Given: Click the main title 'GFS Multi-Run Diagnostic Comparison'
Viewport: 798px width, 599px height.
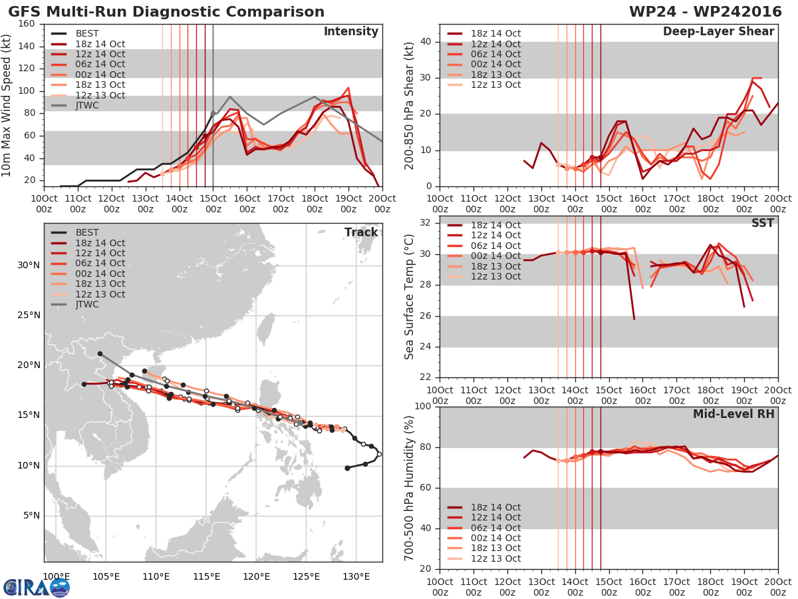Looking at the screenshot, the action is [166, 12].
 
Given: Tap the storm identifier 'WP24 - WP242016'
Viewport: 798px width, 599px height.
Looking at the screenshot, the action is [706, 11].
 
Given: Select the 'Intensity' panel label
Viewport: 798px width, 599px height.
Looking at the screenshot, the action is [351, 32].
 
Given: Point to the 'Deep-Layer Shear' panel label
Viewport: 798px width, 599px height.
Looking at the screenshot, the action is [718, 32].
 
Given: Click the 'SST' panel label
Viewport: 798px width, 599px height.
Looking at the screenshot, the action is [763, 223].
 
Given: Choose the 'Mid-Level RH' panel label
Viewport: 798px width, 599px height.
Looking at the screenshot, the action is [733, 414].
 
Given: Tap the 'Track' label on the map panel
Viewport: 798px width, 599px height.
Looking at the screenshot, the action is [361, 232].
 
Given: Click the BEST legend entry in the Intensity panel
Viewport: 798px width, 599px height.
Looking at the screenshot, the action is [75, 33].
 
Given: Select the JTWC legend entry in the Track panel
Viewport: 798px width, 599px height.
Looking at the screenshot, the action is [75, 304].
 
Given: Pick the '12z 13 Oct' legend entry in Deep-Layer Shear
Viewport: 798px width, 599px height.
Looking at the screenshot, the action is [484, 85].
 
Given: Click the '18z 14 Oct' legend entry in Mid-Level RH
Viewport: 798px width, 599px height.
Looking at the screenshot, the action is [484, 507].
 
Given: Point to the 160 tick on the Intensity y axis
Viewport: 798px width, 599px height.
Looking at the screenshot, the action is [27, 24].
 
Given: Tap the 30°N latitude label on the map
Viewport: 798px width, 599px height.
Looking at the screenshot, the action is [29, 265].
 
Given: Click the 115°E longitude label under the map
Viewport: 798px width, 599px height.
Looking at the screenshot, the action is [207, 576].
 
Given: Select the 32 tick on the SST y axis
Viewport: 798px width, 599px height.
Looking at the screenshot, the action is [425, 222].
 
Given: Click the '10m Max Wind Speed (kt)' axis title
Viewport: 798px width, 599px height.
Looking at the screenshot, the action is [6, 105].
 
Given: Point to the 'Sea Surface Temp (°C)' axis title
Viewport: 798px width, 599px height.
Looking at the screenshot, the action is [408, 297].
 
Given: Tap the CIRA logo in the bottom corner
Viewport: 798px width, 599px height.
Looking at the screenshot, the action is [37, 587].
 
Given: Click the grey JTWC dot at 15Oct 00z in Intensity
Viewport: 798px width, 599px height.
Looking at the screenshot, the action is [213, 113].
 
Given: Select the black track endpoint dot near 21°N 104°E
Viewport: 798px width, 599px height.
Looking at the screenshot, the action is [100, 354].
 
